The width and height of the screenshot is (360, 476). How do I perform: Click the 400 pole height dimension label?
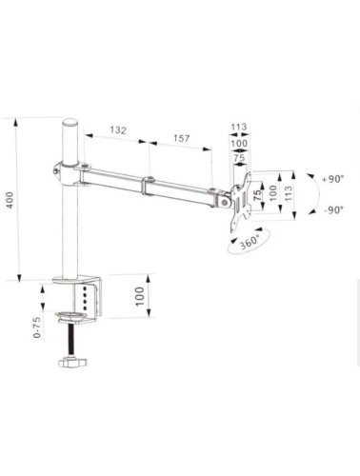[10, 200]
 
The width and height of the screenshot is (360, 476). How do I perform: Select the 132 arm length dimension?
[118, 130]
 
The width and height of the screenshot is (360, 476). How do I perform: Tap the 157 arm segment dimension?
[181, 138]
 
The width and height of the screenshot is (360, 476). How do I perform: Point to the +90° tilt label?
[332, 179]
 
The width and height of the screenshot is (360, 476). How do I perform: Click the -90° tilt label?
[333, 210]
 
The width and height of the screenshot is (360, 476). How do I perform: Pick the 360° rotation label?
[250, 242]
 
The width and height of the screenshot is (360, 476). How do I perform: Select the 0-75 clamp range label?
[37, 327]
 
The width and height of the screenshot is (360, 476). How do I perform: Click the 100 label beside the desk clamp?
[140, 296]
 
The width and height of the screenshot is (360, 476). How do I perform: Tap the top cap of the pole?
[70, 122]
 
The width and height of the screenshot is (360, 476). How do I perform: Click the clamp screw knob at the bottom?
[72, 362]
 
